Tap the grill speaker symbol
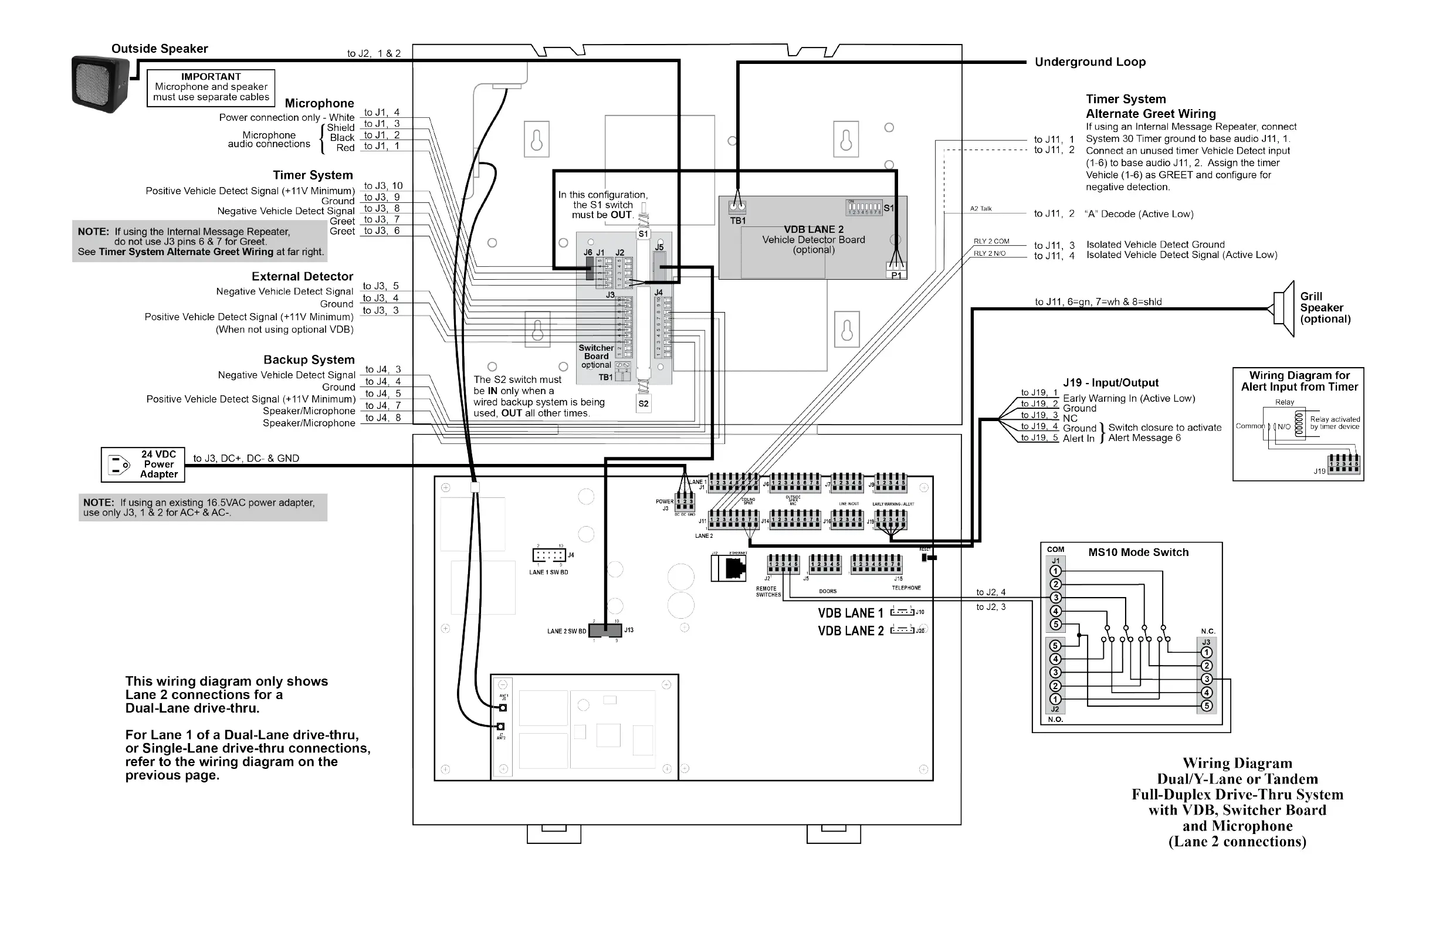(1284, 309)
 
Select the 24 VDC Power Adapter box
(143, 464)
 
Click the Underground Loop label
(1090, 62)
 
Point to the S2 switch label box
(643, 404)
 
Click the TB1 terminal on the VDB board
(737, 208)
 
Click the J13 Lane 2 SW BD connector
(605, 630)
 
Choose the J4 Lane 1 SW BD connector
(549, 555)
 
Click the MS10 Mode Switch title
(1138, 552)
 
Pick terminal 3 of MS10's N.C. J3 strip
(1207, 679)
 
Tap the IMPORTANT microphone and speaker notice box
(211, 87)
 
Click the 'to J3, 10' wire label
(383, 186)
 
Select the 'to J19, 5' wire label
(1039, 438)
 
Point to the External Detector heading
(302, 276)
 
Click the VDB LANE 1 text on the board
(850, 613)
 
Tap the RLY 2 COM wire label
(991, 241)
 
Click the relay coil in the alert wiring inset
(1299, 422)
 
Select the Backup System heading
(309, 360)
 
